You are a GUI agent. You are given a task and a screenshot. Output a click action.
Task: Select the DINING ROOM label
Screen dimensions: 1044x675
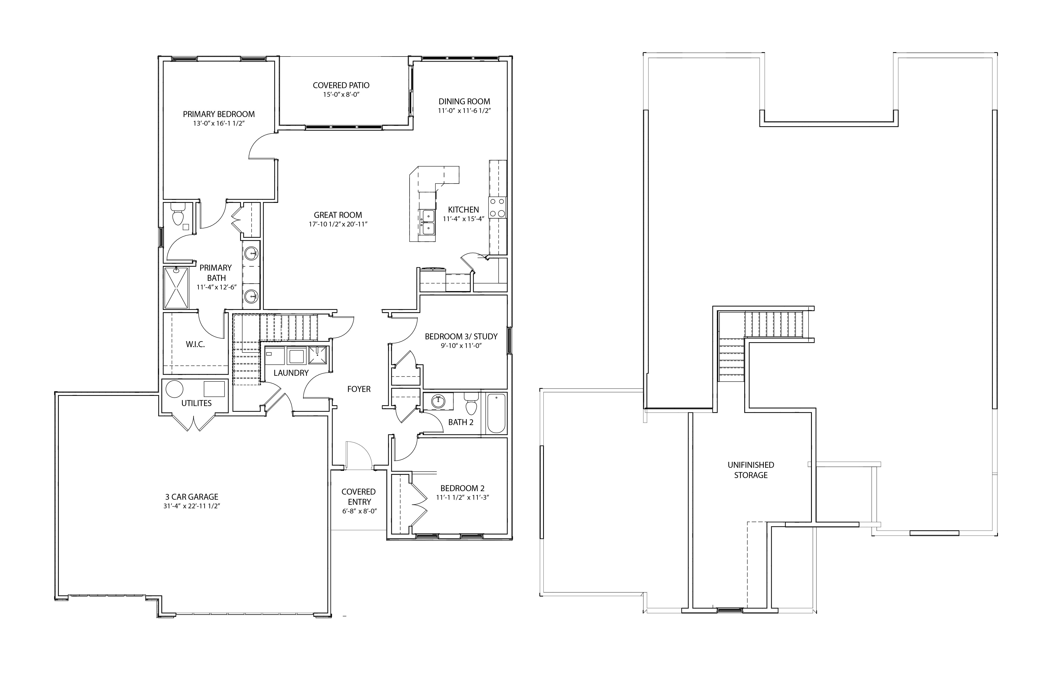point(464,101)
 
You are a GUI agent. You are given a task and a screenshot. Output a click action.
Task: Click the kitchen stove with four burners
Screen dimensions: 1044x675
point(497,208)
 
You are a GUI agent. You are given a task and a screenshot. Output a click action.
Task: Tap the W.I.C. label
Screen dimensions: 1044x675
point(195,344)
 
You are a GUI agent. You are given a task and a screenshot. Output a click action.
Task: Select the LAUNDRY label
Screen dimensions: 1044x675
point(291,373)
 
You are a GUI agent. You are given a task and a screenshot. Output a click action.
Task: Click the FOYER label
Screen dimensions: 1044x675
point(359,389)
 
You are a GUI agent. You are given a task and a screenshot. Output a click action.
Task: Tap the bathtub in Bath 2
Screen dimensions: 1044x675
point(496,413)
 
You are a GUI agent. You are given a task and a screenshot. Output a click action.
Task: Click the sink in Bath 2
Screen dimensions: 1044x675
point(437,401)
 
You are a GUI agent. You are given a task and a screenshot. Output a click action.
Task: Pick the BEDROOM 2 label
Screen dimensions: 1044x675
point(462,488)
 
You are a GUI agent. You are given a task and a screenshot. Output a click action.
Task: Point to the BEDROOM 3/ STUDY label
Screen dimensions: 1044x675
point(461,337)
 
